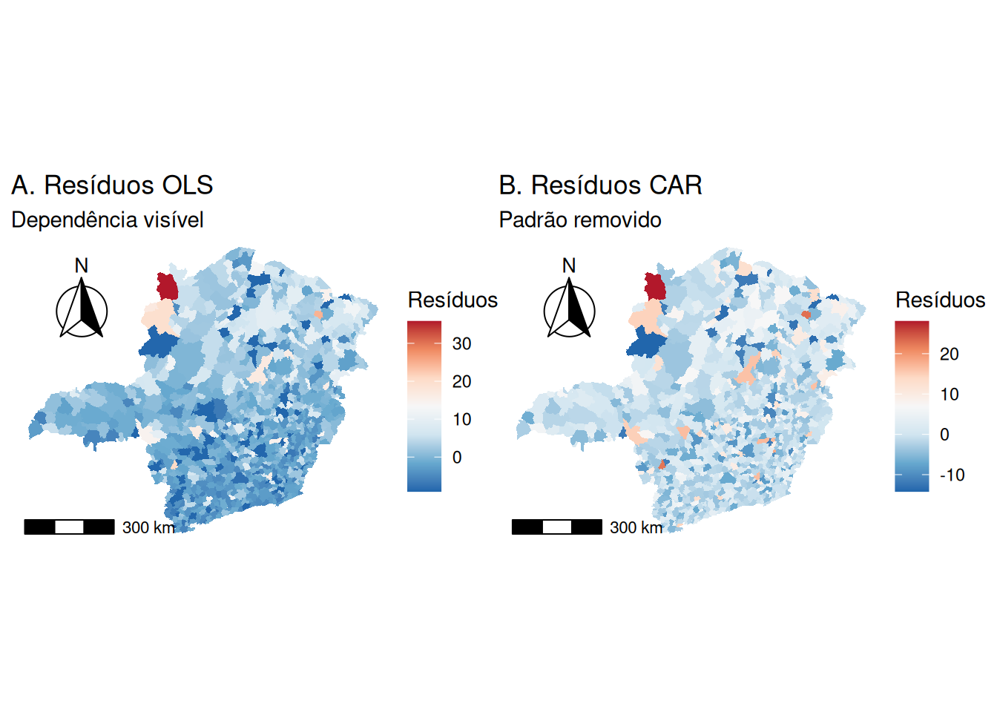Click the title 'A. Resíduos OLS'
(112, 185)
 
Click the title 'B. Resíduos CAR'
(600, 185)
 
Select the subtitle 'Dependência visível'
(108, 220)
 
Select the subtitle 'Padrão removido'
(580, 220)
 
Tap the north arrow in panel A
(82, 310)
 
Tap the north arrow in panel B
(569, 310)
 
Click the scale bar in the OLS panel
(69, 527)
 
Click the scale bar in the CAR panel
(556, 527)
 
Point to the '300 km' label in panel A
(148, 527)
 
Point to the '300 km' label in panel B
(636, 527)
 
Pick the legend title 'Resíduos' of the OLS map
(453, 300)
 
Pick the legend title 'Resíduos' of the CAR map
(940, 300)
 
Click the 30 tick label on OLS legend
(461, 343)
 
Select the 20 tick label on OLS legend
(461, 381)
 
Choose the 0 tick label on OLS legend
(457, 458)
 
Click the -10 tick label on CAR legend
(952, 475)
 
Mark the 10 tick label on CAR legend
(949, 395)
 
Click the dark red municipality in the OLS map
(168, 286)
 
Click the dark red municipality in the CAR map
(655, 286)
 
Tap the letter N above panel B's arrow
(569, 266)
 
